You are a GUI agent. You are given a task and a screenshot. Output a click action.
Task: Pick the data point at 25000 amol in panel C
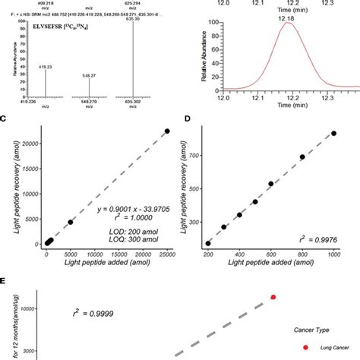click(x=167, y=131)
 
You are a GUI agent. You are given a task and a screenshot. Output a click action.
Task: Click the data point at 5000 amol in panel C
click(x=71, y=222)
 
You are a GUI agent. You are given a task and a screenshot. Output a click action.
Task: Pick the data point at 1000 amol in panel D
click(x=333, y=133)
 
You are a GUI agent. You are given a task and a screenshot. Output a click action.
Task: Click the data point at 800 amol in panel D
click(x=302, y=157)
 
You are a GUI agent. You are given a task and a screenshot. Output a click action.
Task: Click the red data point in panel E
click(x=273, y=297)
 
